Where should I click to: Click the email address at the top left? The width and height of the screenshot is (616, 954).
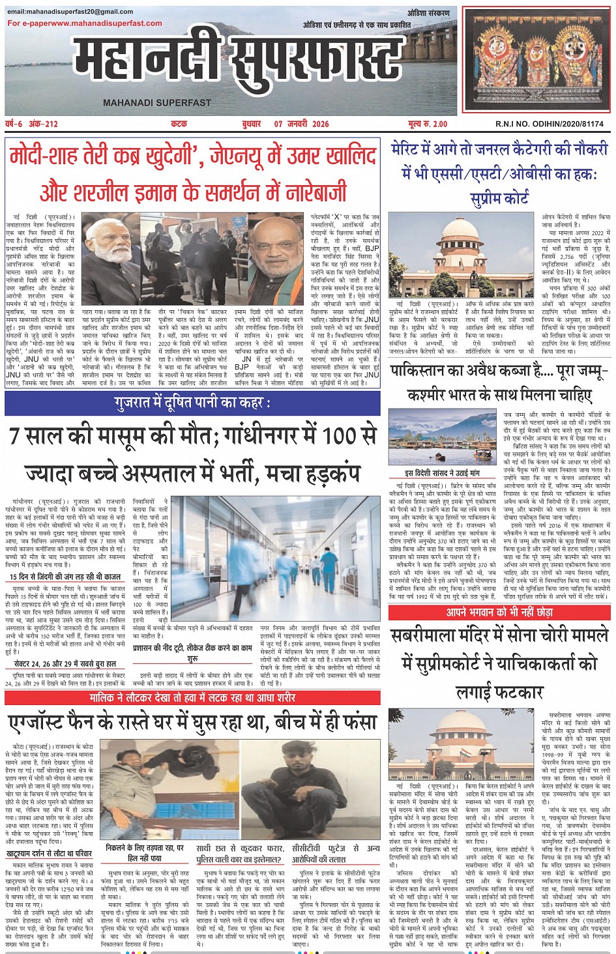pyautogui.click(x=70, y=12)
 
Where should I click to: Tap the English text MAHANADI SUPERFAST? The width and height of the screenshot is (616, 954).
pyautogui.click(x=156, y=102)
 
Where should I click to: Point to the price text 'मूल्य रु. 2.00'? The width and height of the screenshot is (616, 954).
pyautogui.click(x=428, y=124)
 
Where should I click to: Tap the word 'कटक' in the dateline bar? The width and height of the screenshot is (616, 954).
pyautogui.click(x=179, y=124)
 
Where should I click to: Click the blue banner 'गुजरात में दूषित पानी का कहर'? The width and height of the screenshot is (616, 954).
pyautogui.click(x=192, y=403)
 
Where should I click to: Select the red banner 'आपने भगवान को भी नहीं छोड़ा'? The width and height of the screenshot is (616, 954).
pyautogui.click(x=499, y=613)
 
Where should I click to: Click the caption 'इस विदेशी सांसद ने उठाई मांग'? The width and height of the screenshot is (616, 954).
pyautogui.click(x=441, y=473)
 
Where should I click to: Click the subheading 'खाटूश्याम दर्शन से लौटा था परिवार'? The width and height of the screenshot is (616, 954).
pyautogui.click(x=50, y=854)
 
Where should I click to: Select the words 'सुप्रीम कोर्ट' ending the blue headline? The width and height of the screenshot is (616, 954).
pyautogui.click(x=499, y=198)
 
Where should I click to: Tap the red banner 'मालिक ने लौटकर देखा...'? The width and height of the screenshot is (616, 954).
pyautogui.click(x=192, y=698)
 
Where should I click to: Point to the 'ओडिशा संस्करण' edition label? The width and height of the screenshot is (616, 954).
pyautogui.click(x=428, y=13)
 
